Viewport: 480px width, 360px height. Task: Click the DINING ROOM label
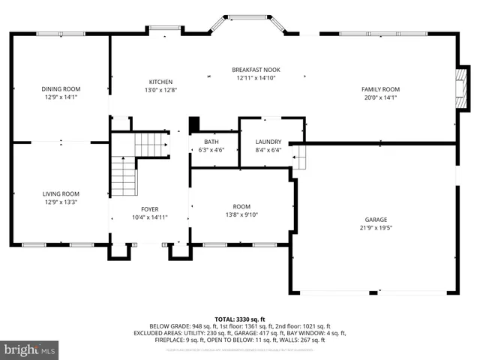(x=60, y=88)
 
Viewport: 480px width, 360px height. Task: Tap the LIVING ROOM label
(x=60, y=193)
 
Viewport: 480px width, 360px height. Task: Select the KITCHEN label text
(x=160, y=82)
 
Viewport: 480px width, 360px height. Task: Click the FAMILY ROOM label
(x=380, y=88)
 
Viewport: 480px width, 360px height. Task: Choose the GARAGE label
(x=377, y=220)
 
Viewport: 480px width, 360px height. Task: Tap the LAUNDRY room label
(x=268, y=142)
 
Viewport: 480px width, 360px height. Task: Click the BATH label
(x=211, y=142)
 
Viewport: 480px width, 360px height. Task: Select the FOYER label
(x=150, y=209)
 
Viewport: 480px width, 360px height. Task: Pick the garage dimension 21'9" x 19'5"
(x=377, y=229)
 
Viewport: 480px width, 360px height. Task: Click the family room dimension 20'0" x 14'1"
(x=380, y=97)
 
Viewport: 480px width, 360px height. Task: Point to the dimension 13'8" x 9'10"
(x=241, y=215)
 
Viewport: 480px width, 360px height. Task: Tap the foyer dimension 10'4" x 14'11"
(x=150, y=218)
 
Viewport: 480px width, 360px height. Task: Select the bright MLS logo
(x=30, y=349)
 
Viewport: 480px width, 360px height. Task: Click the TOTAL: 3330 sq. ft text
(x=240, y=318)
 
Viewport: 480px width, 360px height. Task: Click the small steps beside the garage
(x=299, y=157)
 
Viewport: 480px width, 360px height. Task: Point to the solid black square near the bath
(x=194, y=124)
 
